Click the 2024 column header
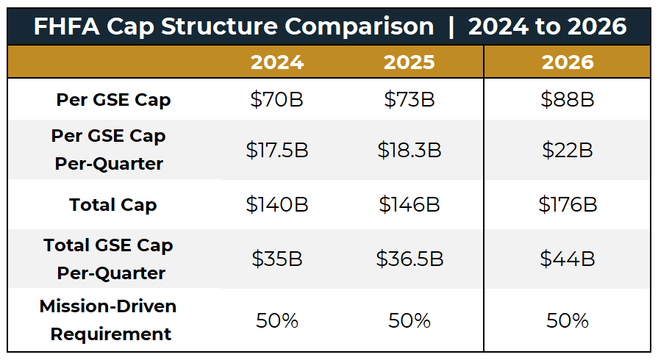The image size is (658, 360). click(x=277, y=62)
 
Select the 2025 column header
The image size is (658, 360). click(x=410, y=62)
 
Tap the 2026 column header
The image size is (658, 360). click(x=568, y=62)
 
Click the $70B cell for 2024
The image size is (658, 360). click(x=277, y=100)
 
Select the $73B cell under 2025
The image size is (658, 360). click(x=410, y=100)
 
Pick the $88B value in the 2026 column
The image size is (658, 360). click(x=568, y=100)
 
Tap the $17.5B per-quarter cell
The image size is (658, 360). click(x=277, y=150)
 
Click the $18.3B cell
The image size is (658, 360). click(x=410, y=150)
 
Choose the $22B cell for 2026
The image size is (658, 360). click(x=568, y=150)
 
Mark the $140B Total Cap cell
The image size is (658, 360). click(x=277, y=204)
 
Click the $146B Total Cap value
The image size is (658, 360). click(x=410, y=204)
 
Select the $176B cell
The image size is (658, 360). click(x=568, y=204)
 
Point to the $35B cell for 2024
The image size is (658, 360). click(x=277, y=259)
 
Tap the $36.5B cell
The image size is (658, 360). click(x=410, y=259)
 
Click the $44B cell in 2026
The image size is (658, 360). click(x=568, y=259)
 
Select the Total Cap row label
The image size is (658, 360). click(x=113, y=205)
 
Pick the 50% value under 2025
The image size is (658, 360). click(x=410, y=320)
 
